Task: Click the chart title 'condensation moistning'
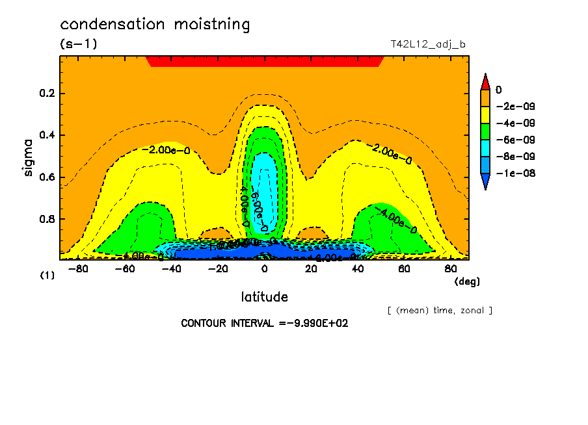pyautogui.click(x=155, y=25)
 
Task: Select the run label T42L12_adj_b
pyautogui.click(x=427, y=44)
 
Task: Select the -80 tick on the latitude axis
pyautogui.click(x=78, y=268)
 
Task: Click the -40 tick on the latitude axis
pyautogui.click(x=171, y=268)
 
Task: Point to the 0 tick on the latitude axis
pyautogui.click(x=265, y=268)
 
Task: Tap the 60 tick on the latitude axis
pyautogui.click(x=404, y=268)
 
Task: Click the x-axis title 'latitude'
pyautogui.click(x=264, y=297)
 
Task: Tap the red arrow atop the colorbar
pyautogui.click(x=485, y=82)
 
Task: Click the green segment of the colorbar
pyautogui.click(x=485, y=131)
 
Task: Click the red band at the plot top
pyautogui.click(x=264, y=61)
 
